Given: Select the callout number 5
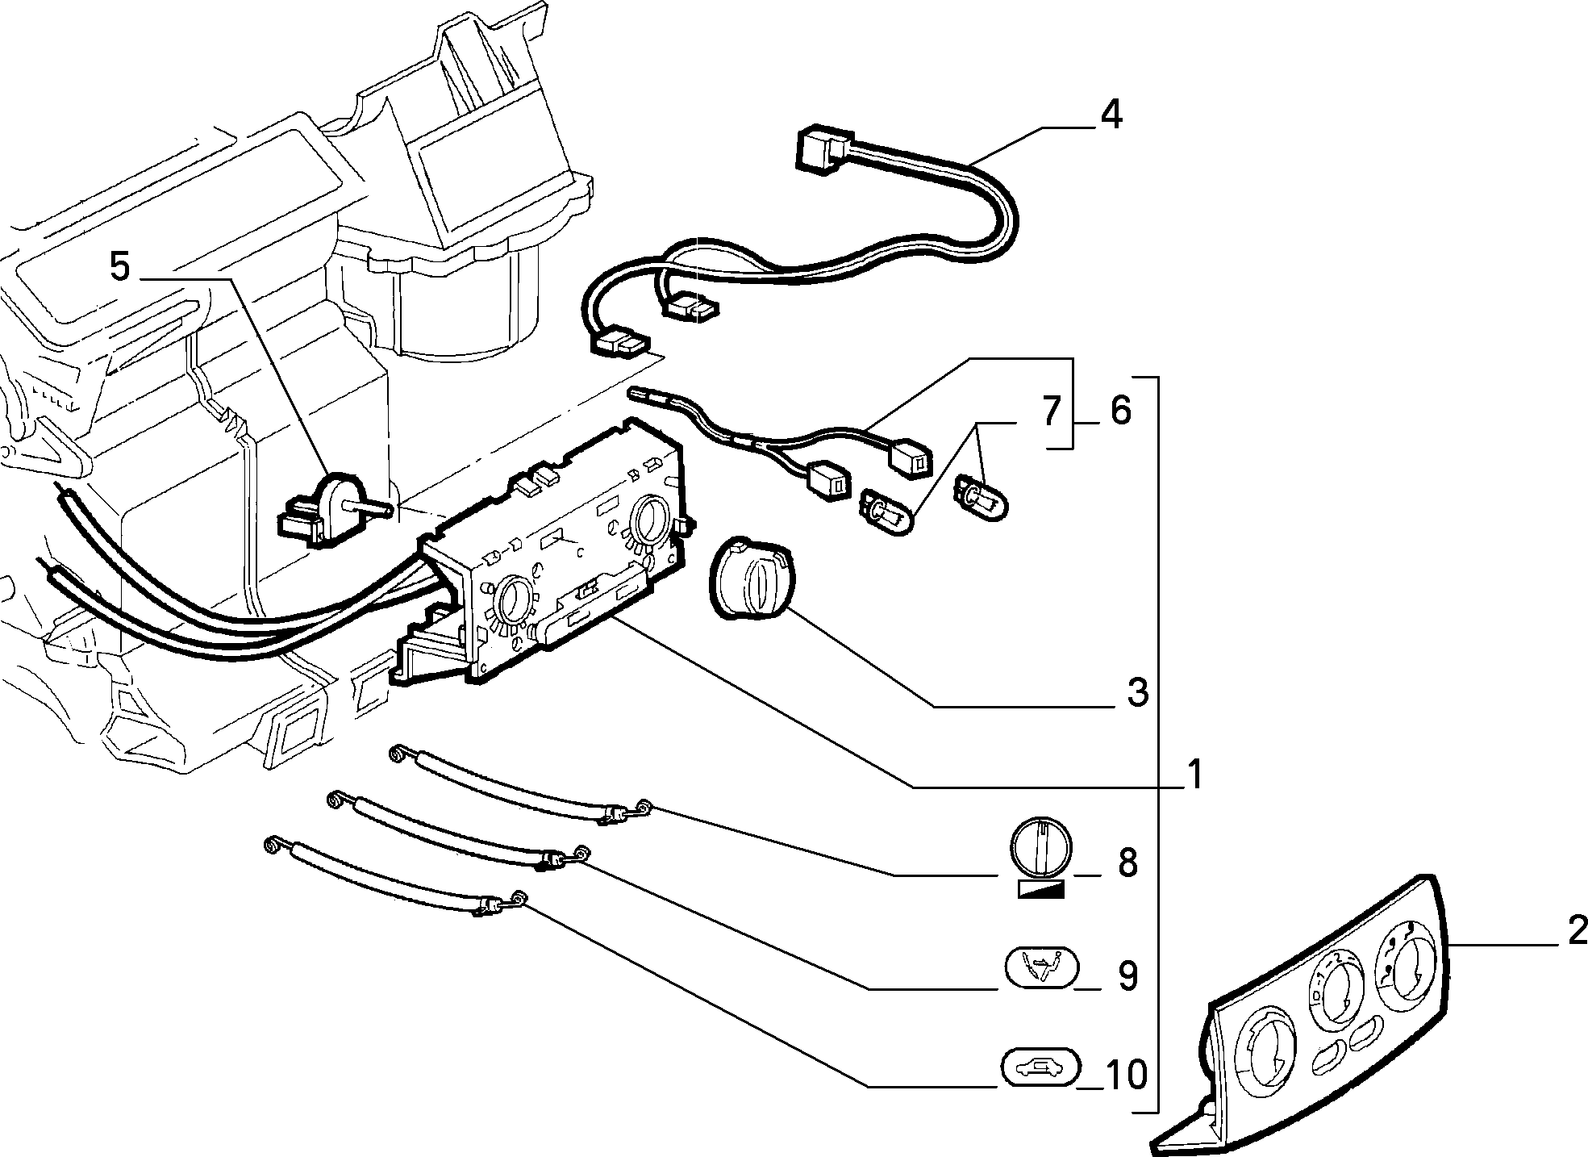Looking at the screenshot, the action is [119, 267].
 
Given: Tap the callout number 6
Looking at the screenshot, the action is [1120, 411].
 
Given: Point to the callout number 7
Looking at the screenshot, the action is [1050, 412].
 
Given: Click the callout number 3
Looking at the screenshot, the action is [1137, 692].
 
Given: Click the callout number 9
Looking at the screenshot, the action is [1127, 976].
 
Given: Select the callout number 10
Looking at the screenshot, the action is [1127, 1075].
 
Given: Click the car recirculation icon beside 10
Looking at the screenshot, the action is [1040, 1070].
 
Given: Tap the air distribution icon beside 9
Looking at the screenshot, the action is [1040, 967].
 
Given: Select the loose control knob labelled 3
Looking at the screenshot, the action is [750, 578].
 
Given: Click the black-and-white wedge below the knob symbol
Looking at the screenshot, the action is [1042, 889].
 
